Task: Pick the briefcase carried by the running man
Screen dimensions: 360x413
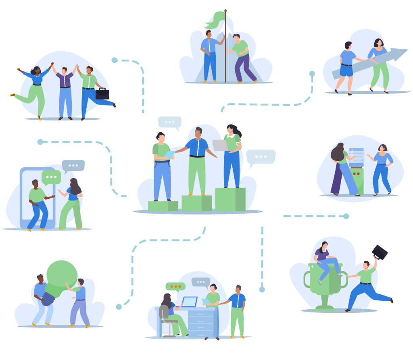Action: pos(102,94)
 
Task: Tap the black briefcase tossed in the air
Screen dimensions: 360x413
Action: pos(380,252)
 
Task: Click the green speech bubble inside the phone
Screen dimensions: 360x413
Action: pos(51,177)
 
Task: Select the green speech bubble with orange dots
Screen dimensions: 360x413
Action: pos(175,287)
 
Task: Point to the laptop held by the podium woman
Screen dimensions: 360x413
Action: pos(220,145)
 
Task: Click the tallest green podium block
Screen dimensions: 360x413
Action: pos(230,199)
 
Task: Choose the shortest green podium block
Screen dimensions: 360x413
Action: pos(163,206)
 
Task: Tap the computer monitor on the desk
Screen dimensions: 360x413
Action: pos(189,302)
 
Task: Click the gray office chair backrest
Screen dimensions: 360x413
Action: pos(163,312)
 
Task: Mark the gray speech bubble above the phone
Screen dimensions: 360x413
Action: pos(73,165)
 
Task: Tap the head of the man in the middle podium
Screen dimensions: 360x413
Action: pos(198,133)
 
